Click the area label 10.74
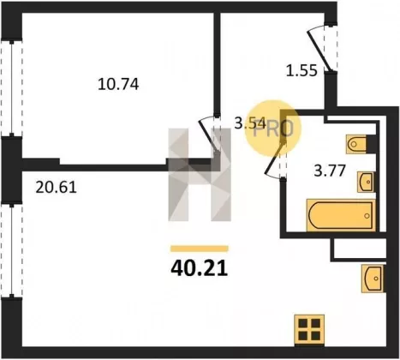118,84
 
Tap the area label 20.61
56,188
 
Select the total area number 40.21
200,268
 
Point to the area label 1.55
301,70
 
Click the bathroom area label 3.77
330,171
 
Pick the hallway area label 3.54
250,123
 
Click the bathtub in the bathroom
341,215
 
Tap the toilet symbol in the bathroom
356,144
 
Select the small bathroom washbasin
366,182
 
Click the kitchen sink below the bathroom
373,279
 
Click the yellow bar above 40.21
200,249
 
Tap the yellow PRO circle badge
273,128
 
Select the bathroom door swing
275,160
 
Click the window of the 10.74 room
11,88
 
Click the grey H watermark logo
200,175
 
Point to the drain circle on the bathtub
367,216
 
